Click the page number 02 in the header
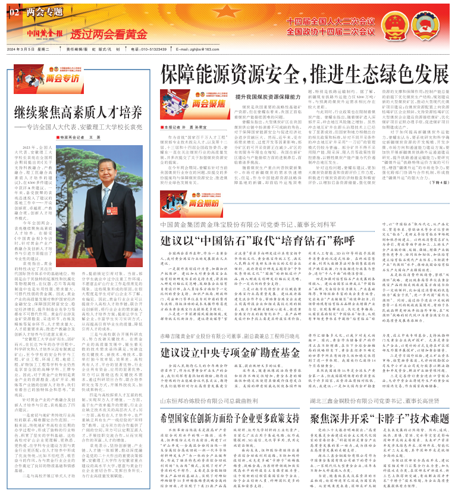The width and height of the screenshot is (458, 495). (x=14, y=11)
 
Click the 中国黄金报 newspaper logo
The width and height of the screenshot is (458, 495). (x=43, y=33)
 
